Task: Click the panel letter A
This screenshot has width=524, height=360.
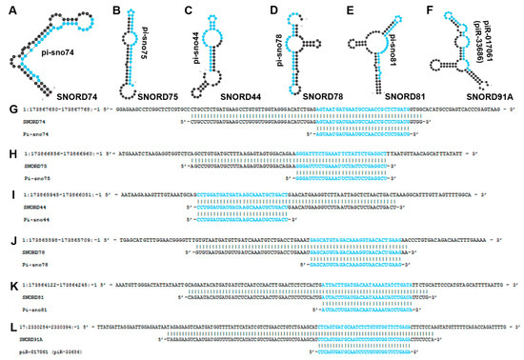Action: pos(8,8)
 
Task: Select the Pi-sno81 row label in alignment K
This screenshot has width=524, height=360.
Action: pos(30,309)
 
